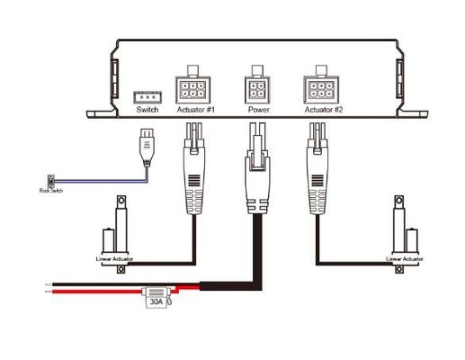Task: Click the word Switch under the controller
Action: click(147, 112)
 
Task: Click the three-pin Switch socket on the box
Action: click(147, 96)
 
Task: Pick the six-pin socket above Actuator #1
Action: click(196, 89)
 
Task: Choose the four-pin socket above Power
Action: click(258, 90)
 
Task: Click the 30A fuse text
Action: click(156, 303)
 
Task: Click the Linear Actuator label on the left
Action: click(115, 258)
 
